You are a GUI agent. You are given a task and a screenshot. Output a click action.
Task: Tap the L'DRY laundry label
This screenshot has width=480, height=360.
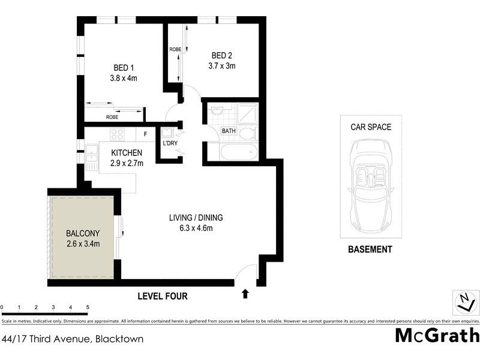click(169, 143)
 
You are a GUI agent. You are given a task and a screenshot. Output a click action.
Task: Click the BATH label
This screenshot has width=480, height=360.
click(229, 131)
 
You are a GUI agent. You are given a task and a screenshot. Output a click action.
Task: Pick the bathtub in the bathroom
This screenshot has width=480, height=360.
click(238, 151)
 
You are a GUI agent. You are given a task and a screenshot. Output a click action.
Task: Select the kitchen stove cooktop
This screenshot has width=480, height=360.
click(116, 134)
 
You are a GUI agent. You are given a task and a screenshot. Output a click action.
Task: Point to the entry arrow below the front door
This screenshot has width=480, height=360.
click(245, 293)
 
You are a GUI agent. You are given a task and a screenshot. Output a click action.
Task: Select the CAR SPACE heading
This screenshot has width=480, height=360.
click(371, 127)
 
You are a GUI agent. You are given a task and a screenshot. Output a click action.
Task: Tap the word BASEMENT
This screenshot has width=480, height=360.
click(370, 250)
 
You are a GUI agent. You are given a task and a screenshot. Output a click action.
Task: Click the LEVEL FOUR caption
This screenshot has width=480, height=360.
click(163, 296)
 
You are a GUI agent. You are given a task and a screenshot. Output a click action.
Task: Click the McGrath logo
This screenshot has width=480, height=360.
click(437, 335)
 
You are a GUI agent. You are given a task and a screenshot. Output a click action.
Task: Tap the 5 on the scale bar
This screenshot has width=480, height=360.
click(88, 307)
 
